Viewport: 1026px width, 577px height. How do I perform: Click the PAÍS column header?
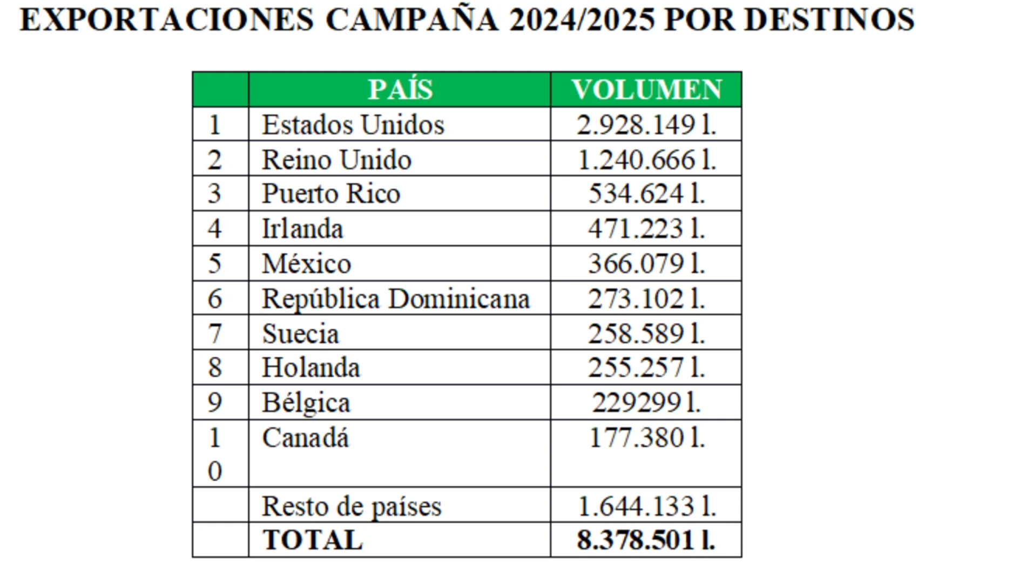click(400, 90)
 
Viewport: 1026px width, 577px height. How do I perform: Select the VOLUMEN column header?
click(646, 90)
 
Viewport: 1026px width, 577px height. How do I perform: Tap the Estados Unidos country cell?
click(353, 125)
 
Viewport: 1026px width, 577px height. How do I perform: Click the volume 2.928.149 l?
click(646, 125)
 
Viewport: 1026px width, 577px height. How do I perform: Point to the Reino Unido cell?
click(336, 160)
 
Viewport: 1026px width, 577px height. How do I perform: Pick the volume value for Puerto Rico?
click(646, 194)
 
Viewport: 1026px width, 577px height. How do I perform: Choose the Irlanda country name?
click(302, 228)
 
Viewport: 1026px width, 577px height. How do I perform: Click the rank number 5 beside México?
click(215, 263)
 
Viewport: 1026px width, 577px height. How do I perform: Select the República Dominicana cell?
click(396, 298)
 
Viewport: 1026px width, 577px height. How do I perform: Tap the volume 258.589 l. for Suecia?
click(646, 334)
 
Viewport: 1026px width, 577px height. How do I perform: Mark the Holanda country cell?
click(311, 368)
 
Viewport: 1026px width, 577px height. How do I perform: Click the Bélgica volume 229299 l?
click(646, 403)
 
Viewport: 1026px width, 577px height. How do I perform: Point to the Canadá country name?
click(306, 437)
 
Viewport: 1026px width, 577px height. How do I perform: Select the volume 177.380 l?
click(646, 437)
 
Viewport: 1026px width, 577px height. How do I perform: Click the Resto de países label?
click(352, 506)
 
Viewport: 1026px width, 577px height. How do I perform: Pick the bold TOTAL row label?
click(313, 540)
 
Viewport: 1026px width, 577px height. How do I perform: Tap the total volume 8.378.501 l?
click(646, 540)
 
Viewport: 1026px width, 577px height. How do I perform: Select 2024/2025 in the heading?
click(582, 20)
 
